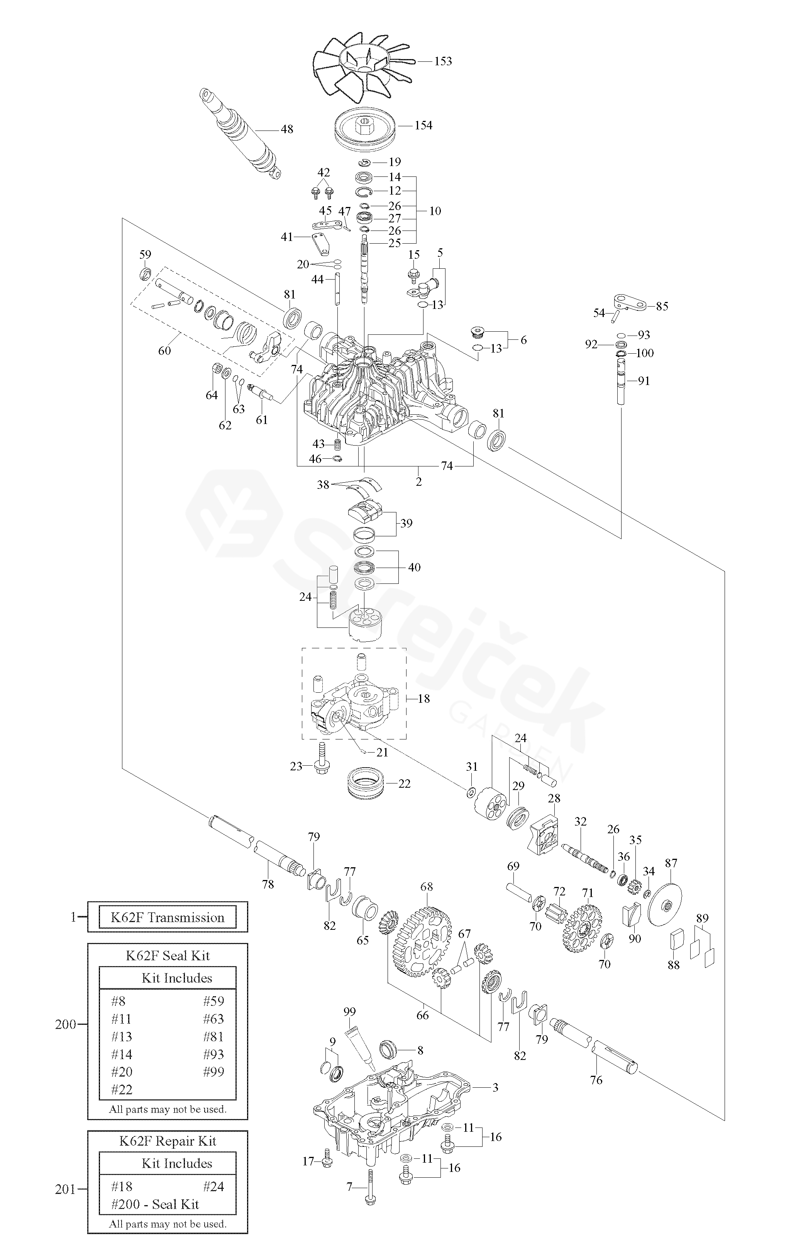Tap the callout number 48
287,129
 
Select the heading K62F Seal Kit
168,955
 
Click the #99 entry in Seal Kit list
213,1072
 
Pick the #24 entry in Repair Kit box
213,1187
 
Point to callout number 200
65,1024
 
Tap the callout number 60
164,351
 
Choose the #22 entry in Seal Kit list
122,1089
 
